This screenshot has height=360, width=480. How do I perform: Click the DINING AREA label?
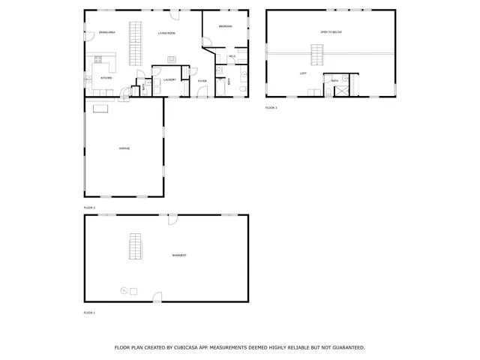tap(107, 33)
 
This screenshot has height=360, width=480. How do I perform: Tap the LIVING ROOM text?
tap(166, 33)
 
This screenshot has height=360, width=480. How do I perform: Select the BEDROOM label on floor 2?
tap(226, 26)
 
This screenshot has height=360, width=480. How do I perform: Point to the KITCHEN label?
tap(106, 77)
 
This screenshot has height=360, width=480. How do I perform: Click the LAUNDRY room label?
tap(169, 79)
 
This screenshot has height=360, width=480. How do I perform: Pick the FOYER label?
tap(202, 80)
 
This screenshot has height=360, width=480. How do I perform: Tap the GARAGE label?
tap(124, 148)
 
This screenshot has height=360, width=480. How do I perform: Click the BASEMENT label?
tap(180, 256)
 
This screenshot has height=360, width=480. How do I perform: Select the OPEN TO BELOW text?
tap(331, 33)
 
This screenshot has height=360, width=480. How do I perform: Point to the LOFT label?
tap(303, 73)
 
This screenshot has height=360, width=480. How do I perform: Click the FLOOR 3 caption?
tap(271, 108)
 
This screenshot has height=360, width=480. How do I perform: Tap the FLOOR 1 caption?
tap(89, 312)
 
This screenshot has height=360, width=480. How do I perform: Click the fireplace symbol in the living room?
tap(171, 59)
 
